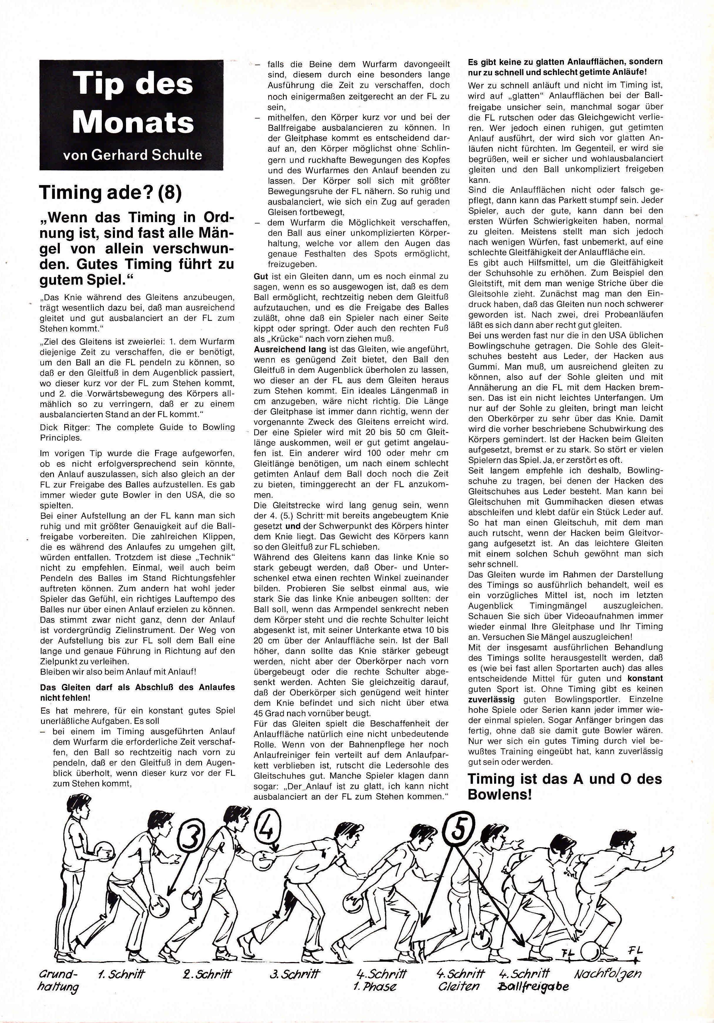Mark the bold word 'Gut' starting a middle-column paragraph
[261, 277]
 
